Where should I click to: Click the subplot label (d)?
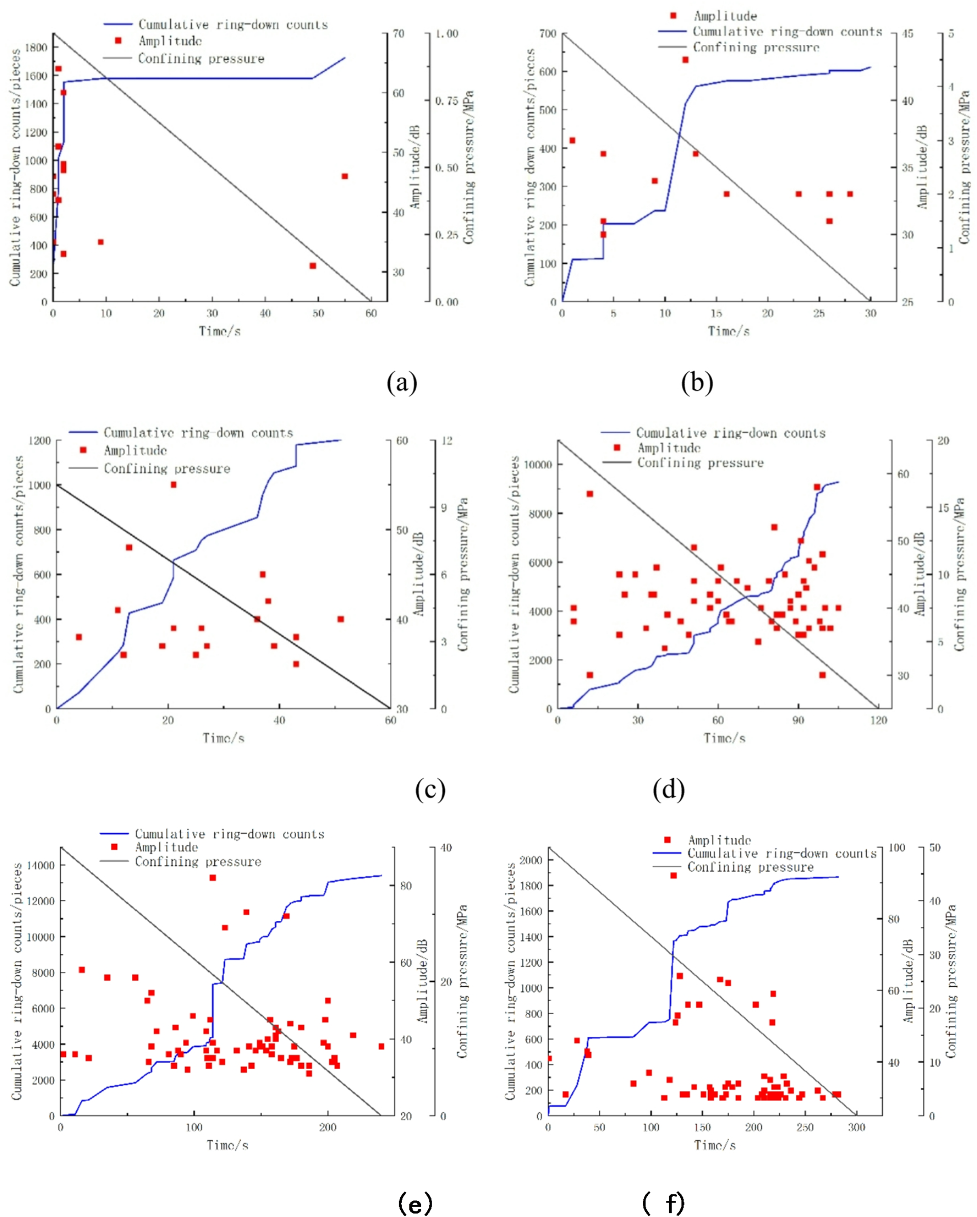[x=669, y=789]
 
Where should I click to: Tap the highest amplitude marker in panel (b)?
[x=685, y=60]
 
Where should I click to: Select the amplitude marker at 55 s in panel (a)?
[x=344, y=176]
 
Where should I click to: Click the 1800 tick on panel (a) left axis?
[x=36, y=47]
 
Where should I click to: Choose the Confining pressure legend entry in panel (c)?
[x=166, y=469]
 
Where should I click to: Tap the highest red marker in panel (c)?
[x=173, y=485]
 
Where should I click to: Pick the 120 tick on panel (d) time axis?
[x=878, y=721]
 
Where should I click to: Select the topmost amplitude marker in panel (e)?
[x=213, y=878]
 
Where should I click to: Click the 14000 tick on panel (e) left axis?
[x=40, y=865]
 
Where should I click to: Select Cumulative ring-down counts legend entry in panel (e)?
[x=229, y=834]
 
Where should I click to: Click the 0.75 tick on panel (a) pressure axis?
[x=447, y=100]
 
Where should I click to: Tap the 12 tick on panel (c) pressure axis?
[x=447, y=441]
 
